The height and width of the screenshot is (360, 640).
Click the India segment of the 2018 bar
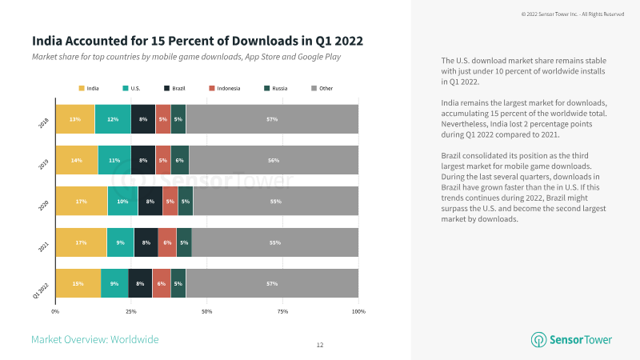(x=74, y=119)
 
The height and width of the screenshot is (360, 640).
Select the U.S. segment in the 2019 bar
(x=114, y=160)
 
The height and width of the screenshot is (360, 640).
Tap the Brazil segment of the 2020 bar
(x=150, y=202)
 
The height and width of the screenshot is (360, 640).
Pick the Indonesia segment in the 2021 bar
(x=167, y=242)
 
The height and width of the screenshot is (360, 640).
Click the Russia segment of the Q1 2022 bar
(x=178, y=284)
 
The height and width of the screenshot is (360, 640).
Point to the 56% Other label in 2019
(x=274, y=160)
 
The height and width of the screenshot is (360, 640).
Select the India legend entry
(x=89, y=88)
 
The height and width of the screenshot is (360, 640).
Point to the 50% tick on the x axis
(x=206, y=310)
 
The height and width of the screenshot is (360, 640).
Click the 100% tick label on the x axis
(x=358, y=310)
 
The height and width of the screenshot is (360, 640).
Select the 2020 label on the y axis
(x=44, y=206)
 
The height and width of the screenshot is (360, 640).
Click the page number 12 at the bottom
(x=320, y=345)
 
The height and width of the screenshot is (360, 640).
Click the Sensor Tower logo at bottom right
(x=571, y=339)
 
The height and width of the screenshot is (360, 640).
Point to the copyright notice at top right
(x=573, y=14)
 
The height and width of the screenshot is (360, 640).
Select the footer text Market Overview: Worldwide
(x=94, y=339)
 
